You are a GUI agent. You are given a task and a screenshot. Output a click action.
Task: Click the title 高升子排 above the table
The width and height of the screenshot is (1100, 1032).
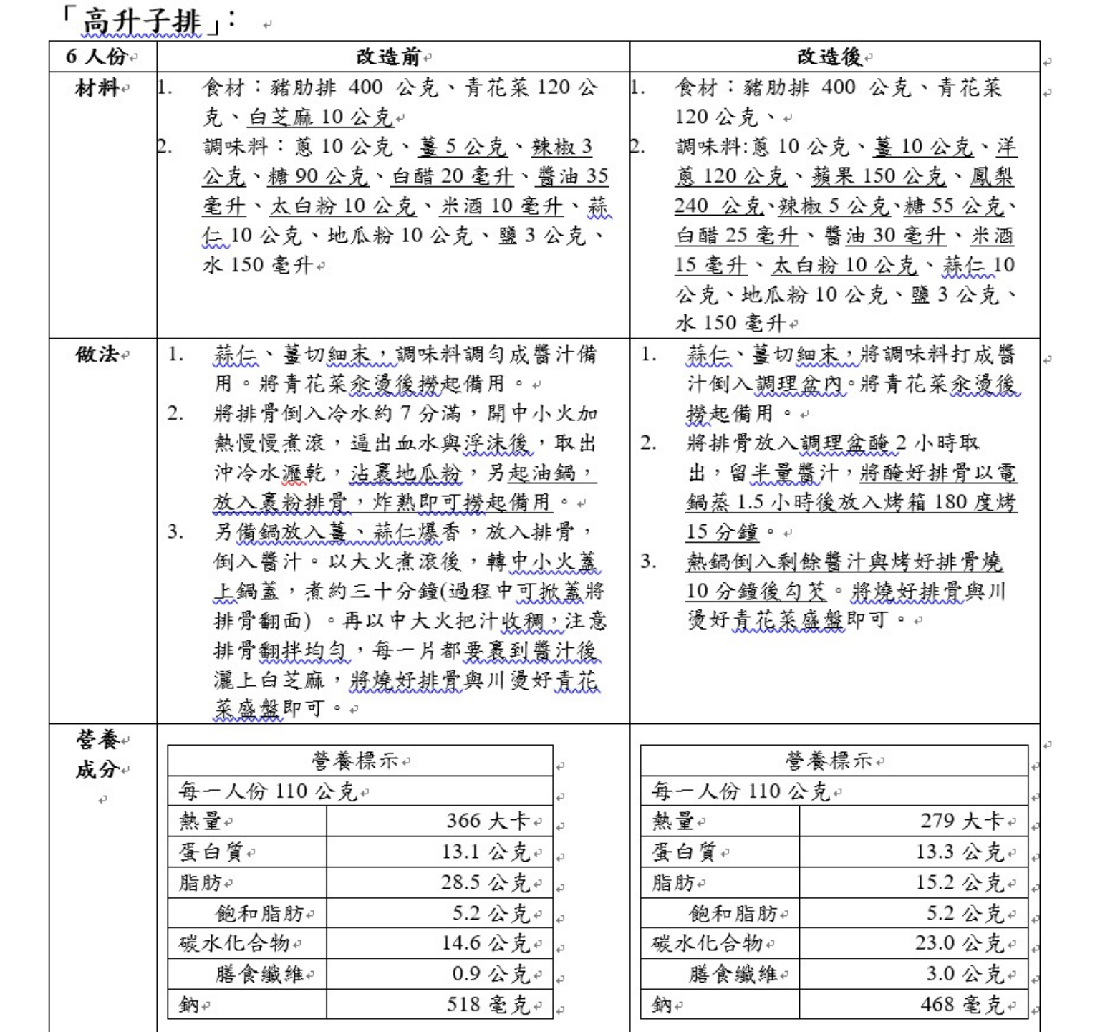(141, 21)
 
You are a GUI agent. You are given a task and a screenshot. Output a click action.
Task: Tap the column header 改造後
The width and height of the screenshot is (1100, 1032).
(831, 57)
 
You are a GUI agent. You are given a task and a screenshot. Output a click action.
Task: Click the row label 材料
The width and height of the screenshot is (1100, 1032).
(97, 88)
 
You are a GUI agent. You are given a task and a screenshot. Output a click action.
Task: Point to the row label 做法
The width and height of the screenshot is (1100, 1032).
(97, 354)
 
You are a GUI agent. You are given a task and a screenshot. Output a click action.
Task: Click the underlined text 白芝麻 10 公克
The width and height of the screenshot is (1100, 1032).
(321, 117)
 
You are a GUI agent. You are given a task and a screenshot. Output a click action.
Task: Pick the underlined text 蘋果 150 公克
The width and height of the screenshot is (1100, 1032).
(879, 176)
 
